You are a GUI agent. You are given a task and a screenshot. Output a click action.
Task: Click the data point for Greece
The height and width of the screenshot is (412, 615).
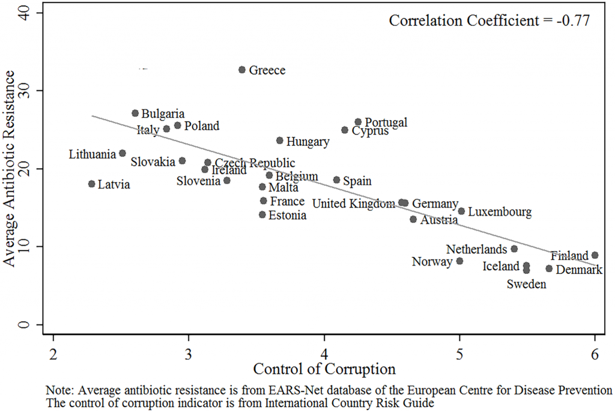click(x=242, y=70)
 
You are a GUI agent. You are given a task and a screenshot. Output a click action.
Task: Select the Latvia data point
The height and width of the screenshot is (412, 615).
click(x=91, y=184)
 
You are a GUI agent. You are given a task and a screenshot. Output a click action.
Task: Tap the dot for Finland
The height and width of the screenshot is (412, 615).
click(x=595, y=255)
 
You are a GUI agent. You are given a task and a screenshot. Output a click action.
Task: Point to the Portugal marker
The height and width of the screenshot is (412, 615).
click(x=358, y=122)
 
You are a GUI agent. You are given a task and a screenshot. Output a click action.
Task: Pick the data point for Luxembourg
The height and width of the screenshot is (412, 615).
click(x=461, y=211)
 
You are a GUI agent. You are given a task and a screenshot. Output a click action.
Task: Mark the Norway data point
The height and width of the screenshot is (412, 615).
click(x=459, y=261)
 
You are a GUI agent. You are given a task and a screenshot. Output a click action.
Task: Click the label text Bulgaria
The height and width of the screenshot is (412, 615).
click(x=163, y=114)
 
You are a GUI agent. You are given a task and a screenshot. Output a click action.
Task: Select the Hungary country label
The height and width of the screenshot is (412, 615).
click(x=307, y=142)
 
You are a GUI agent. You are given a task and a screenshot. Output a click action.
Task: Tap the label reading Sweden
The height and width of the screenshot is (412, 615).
click(x=526, y=284)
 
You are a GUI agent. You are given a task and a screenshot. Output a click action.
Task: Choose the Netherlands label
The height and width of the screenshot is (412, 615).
click(x=477, y=249)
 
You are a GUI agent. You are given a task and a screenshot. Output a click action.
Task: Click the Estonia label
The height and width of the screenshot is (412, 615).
click(x=287, y=215)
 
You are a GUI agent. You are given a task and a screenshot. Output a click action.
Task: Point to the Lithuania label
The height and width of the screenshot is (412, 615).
click(x=92, y=154)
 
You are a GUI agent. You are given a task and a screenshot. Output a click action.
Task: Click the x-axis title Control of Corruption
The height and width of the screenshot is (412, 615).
click(x=324, y=368)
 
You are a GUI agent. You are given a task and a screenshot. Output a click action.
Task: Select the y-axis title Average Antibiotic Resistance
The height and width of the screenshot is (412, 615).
click(x=10, y=169)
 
